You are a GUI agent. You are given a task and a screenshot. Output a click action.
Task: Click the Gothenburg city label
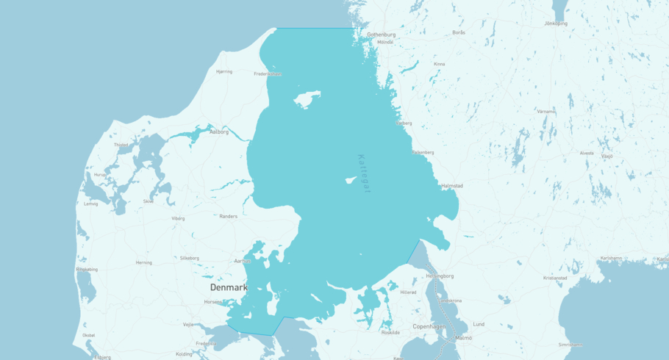381,35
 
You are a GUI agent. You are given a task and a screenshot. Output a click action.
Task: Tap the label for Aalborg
219,132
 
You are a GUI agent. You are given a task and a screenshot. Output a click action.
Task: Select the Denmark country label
229,287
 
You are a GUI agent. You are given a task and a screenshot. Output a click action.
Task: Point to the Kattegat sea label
365,173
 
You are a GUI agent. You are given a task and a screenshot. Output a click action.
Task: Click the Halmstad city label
452,186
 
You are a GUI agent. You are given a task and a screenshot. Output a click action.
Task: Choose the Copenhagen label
430,325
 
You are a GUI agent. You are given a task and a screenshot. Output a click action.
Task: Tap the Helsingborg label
440,276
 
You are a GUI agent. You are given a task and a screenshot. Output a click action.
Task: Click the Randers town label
229,216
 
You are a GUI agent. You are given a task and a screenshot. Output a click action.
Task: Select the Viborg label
178,218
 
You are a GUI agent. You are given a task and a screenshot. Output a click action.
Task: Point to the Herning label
144,262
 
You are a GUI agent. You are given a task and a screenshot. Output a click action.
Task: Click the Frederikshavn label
268,73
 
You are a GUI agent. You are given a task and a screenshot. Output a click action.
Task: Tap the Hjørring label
223,71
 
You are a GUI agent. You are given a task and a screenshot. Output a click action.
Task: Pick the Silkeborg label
190,258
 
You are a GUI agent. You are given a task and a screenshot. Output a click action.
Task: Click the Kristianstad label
555,278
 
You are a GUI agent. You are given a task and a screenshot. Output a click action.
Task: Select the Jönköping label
556,24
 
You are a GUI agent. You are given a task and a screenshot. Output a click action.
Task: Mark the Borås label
459,32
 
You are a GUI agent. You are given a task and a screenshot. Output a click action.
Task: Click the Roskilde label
391,332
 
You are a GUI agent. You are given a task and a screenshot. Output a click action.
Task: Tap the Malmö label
464,337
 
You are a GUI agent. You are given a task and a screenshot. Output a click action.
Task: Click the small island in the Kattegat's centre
351,179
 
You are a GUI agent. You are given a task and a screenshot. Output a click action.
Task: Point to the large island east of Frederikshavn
307,98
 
